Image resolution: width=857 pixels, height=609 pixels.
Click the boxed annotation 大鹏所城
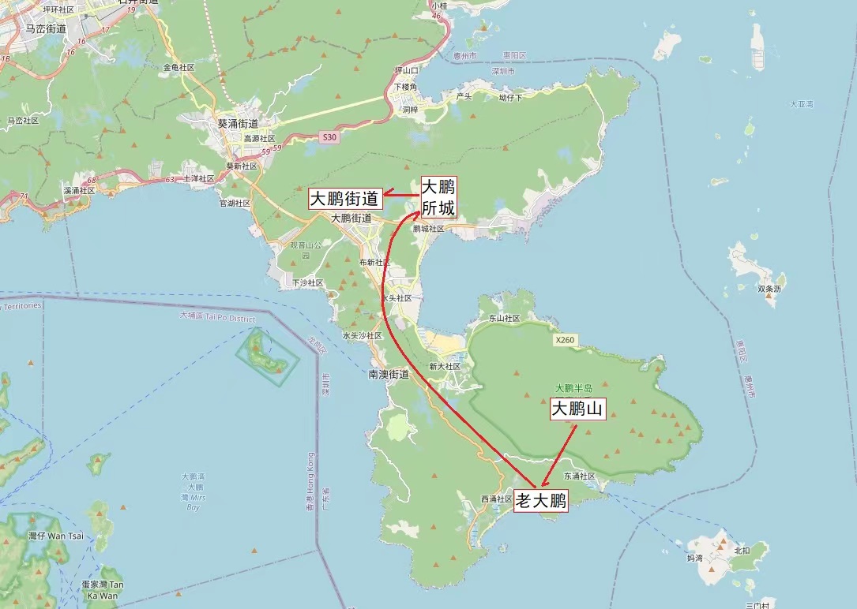pyautogui.click(x=438, y=197)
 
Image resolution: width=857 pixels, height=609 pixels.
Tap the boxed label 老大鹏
pyautogui.click(x=541, y=501)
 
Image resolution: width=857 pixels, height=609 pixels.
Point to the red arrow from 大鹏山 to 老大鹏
pyautogui.click(x=559, y=455)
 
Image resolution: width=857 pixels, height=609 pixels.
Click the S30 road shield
pyautogui.click(x=329, y=137)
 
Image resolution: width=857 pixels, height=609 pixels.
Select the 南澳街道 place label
pyautogui.click(x=389, y=374)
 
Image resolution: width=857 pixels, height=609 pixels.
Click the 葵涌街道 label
pyautogui.click(x=238, y=124)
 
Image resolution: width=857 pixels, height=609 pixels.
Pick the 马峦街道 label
pyautogui.click(x=46, y=28)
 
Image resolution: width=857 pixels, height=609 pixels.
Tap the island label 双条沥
pyautogui.click(x=769, y=289)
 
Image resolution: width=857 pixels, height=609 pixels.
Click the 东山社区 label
pyautogui.click(x=504, y=319)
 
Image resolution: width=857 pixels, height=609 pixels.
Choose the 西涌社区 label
pyautogui.click(x=497, y=499)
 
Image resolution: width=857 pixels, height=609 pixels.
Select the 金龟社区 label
pyautogui.click(x=179, y=68)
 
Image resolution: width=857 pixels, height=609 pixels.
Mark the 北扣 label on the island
pyautogui.click(x=740, y=550)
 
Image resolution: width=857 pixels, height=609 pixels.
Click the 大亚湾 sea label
pyautogui.click(x=801, y=104)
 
